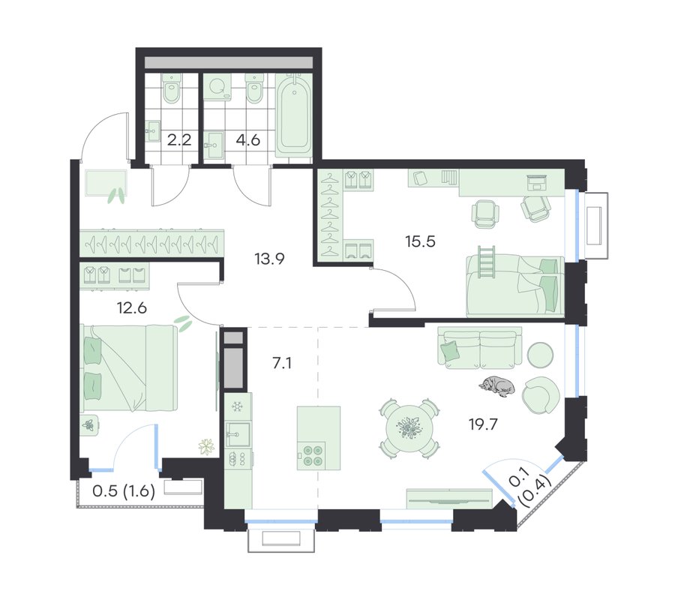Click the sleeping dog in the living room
(496, 386)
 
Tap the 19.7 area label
(484, 424)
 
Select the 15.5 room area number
(420, 241)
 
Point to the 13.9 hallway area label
(269, 259)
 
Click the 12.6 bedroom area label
(132, 307)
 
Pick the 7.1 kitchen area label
(281, 363)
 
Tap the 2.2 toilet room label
(179, 140)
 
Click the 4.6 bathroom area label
(248, 140)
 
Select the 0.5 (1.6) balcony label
(124, 491)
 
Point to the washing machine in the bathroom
(217, 87)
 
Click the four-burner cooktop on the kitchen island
(312, 455)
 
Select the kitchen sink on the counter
(238, 434)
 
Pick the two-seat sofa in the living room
(479, 348)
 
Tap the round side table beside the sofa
(541, 355)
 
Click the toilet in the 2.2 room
(172, 88)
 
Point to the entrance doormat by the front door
(106, 183)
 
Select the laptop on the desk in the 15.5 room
(537, 182)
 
